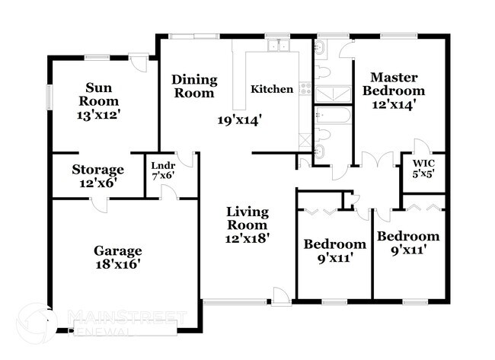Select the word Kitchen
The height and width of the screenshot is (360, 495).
coord(272,89)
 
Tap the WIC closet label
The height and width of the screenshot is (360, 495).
coord(423,163)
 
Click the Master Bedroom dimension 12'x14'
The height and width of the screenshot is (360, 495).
coord(393,106)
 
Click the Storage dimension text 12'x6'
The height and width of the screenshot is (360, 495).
coord(97,183)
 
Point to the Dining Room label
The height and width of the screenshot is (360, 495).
coord(194,86)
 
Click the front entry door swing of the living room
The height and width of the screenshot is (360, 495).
coord(281,295)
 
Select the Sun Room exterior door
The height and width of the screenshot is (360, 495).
coord(138,62)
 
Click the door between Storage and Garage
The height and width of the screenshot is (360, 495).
coord(97,204)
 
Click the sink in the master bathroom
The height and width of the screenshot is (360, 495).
coord(321,50)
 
